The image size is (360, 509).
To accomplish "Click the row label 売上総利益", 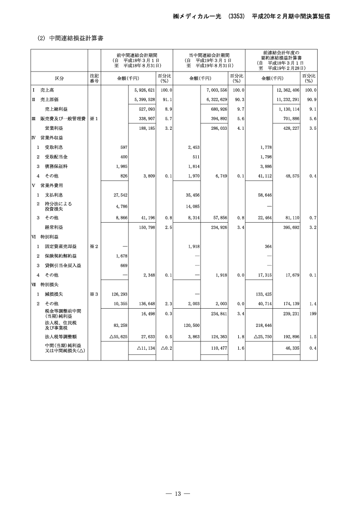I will [x=56, y=109].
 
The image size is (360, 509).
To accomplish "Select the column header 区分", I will [x=59, y=78].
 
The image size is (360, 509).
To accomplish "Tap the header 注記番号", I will [x=94, y=78].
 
